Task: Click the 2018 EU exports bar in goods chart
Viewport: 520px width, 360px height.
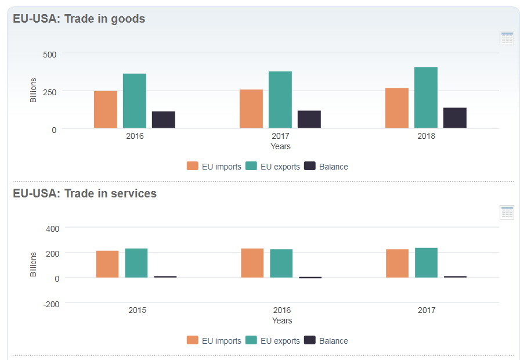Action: tap(425, 98)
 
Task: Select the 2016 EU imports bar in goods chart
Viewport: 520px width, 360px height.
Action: tap(106, 109)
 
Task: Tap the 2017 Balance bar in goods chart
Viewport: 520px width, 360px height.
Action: tap(309, 119)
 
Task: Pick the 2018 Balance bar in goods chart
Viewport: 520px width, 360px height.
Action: tap(454, 117)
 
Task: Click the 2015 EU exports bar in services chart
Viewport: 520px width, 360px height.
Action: tap(136, 263)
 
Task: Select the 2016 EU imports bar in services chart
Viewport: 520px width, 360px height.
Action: tap(252, 263)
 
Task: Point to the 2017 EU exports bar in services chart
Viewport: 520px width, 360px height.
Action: tap(426, 262)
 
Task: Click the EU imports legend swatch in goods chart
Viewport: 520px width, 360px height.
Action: tap(192, 166)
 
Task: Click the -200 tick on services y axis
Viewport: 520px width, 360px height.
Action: tap(50, 304)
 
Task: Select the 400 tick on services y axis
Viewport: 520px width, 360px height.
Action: tap(52, 228)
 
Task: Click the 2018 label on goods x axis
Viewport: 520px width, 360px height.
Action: tap(426, 136)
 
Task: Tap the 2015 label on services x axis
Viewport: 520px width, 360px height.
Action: tap(138, 310)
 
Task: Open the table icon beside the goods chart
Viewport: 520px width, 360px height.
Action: tap(507, 38)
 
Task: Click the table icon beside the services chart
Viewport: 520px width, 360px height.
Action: tap(507, 212)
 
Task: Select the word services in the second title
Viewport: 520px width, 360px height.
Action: tap(134, 193)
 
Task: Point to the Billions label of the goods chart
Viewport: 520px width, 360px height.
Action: tap(34, 90)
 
